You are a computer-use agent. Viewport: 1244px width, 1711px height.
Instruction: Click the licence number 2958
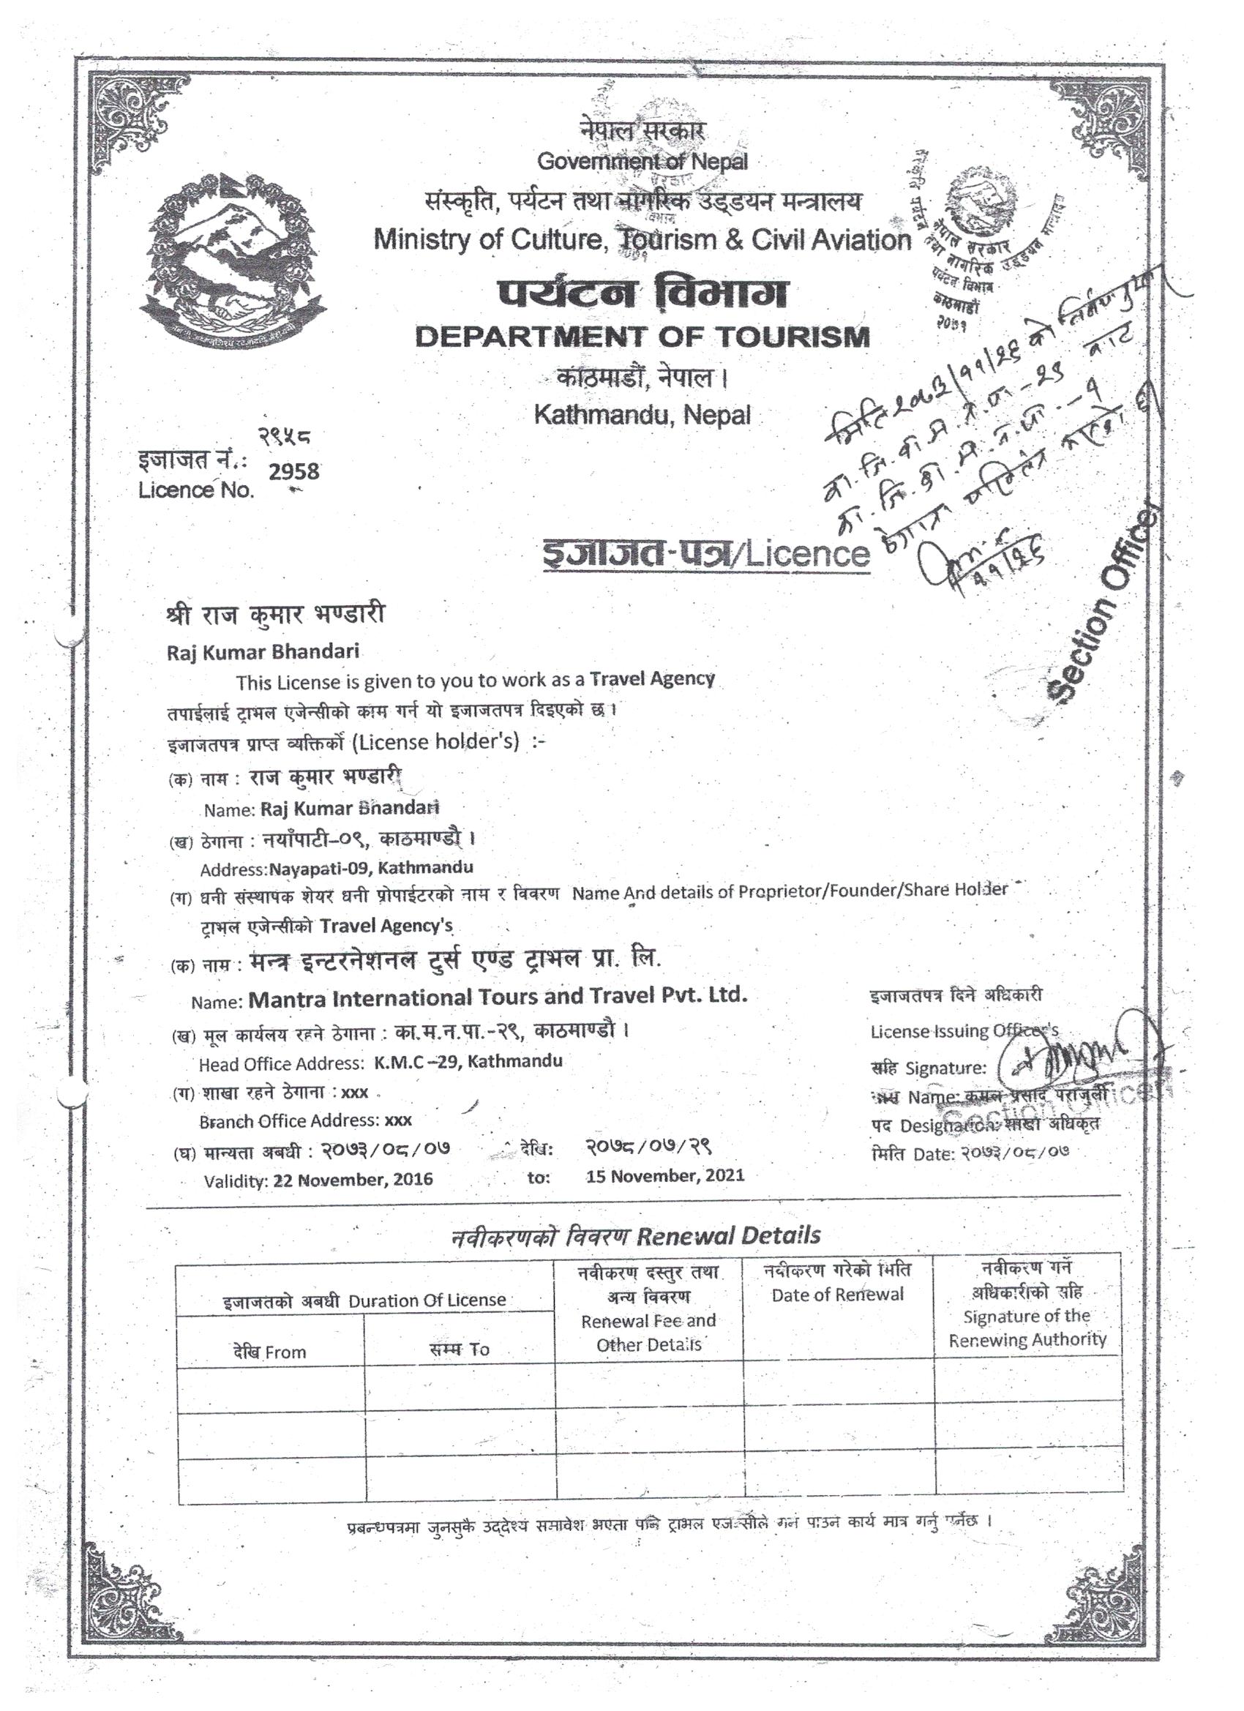[294, 471]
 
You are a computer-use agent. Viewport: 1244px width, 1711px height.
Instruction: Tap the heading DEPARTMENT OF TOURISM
[642, 337]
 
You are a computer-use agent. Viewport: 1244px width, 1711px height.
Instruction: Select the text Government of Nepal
[642, 161]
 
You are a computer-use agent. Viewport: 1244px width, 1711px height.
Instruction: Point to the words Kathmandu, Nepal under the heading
[642, 415]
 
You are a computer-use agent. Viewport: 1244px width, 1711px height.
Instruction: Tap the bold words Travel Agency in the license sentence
[652, 678]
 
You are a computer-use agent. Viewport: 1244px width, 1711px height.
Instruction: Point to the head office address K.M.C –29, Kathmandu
[468, 1061]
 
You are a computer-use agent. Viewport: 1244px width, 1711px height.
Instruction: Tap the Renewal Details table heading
[727, 1236]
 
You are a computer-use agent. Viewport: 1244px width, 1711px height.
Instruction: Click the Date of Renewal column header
[836, 1295]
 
